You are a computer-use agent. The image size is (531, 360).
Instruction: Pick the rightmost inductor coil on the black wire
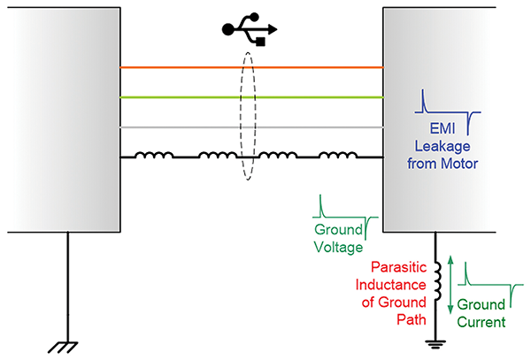click(338, 157)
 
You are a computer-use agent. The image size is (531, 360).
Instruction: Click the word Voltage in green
click(339, 248)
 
